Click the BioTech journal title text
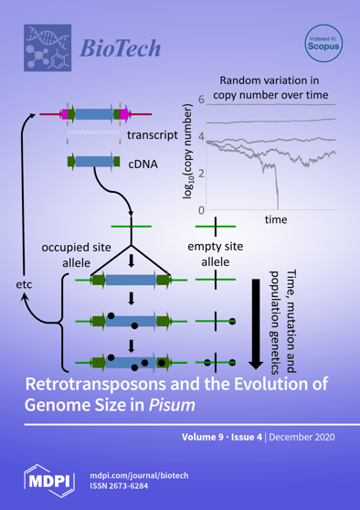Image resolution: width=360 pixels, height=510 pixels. point(120,47)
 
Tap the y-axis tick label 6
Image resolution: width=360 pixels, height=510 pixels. point(201,99)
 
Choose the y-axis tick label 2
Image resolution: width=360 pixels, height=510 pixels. point(201,174)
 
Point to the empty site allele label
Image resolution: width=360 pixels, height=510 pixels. point(216,255)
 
